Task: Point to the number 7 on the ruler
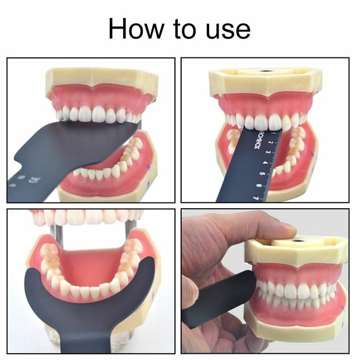pyautogui.click(x=256, y=197)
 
